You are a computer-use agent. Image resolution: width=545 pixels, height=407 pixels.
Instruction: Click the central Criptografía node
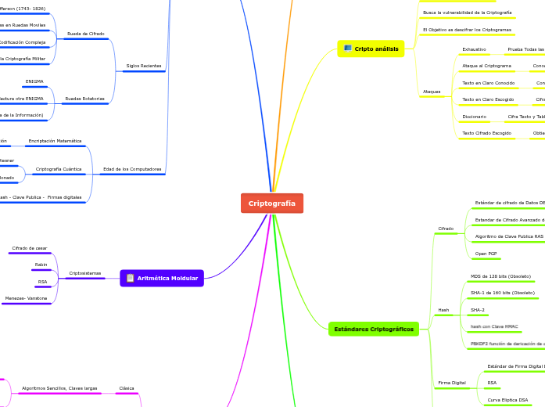coord(271,203)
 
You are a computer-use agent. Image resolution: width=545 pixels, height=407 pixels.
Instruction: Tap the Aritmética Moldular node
coord(167,278)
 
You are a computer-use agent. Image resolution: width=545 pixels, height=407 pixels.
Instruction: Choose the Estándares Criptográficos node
coord(374,330)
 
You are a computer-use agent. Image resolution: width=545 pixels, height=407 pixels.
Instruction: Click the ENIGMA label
coord(34,81)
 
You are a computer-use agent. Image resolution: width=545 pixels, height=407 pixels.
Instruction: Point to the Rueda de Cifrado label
coord(86,34)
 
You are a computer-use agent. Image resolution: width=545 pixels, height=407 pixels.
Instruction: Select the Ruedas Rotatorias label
coord(85,99)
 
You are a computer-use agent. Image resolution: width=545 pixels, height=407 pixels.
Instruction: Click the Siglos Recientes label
coord(144,66)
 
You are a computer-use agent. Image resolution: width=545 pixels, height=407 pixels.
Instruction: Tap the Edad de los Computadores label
coord(132,169)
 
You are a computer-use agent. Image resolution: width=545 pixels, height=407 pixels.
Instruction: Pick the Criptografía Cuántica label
coord(59,169)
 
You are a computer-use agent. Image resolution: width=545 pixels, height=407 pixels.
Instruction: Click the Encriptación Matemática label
coord(55,141)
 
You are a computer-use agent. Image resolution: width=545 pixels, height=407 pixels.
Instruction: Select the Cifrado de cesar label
coord(29,248)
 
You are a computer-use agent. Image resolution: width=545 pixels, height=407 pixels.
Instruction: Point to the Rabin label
coord(41,265)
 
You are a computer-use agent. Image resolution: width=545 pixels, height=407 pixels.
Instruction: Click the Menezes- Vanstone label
coord(26,298)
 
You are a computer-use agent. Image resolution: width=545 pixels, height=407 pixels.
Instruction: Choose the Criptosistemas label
coord(84,273)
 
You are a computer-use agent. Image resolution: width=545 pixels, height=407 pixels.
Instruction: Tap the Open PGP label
coord(486,254)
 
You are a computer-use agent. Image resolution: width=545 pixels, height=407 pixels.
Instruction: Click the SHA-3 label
coord(478,310)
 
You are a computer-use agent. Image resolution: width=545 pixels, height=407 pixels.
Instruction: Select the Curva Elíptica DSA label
coord(507,400)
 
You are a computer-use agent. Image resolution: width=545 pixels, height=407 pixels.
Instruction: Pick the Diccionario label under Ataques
coord(474,117)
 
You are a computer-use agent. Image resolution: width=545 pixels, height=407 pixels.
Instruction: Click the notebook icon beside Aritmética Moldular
coord(130,278)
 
